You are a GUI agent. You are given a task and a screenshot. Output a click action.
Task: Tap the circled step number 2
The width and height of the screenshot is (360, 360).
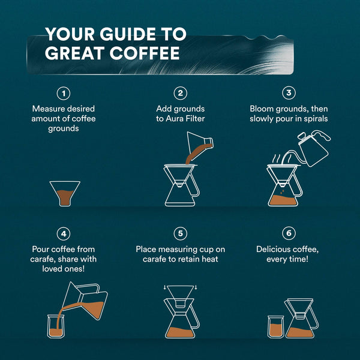pyautogui.click(x=180, y=93)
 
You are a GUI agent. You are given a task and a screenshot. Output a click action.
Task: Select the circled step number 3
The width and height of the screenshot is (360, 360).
pyautogui.click(x=289, y=93)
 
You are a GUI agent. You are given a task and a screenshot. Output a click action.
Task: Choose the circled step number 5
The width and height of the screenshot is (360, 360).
pyautogui.click(x=180, y=233)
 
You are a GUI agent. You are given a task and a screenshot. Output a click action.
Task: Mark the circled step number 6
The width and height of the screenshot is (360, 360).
pyautogui.click(x=289, y=233)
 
